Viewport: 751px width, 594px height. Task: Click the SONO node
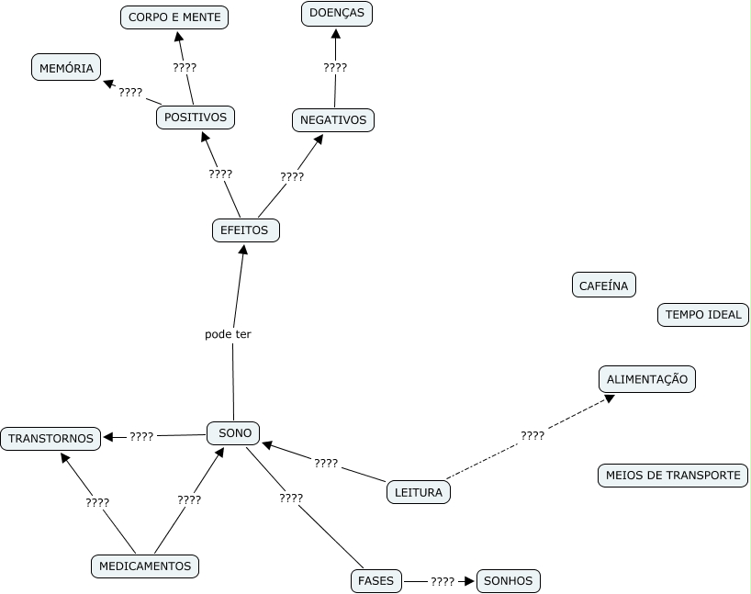coord(234,432)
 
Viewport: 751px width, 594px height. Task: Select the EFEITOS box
coord(245,230)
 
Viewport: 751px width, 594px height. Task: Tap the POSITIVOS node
coord(196,118)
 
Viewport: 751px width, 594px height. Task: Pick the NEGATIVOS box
coord(333,119)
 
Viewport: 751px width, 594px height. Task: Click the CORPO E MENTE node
coord(174,17)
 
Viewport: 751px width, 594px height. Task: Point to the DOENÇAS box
coord(337,13)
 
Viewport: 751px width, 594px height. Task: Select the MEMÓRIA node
coord(66,68)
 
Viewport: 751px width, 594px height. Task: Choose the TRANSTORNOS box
coord(51,438)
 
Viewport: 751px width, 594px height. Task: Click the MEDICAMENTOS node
coord(145,566)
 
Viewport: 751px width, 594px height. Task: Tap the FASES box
coord(376,580)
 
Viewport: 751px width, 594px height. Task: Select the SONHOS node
coord(508,580)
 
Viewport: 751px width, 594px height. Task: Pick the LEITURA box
coord(419,492)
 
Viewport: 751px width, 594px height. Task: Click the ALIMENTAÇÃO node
coord(647,378)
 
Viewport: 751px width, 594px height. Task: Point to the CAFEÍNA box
coord(604,286)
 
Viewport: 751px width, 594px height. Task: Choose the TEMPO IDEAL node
coord(703,315)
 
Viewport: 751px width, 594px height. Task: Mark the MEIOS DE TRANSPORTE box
coord(673,476)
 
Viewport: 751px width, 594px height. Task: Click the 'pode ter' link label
coord(228,334)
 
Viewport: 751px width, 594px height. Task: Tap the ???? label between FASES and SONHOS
coord(443,581)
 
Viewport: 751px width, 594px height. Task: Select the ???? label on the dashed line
coord(532,435)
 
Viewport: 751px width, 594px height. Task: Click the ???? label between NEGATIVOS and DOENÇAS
coord(335,67)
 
